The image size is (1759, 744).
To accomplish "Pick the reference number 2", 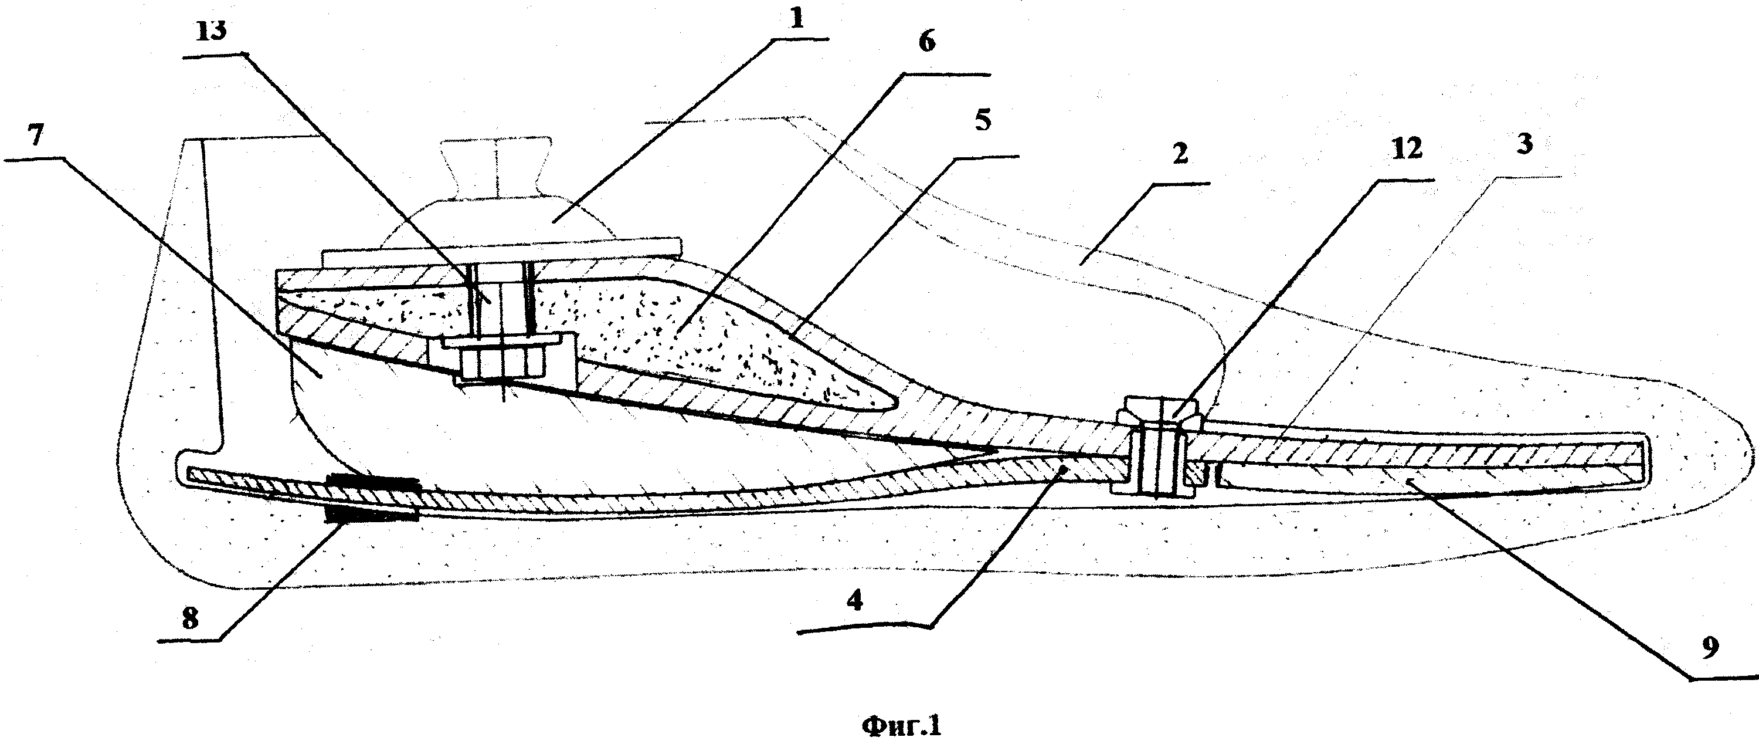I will tap(1180, 154).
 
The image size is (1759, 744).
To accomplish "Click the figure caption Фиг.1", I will tap(900, 726).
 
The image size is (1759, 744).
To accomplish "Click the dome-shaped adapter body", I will tap(498, 219).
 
